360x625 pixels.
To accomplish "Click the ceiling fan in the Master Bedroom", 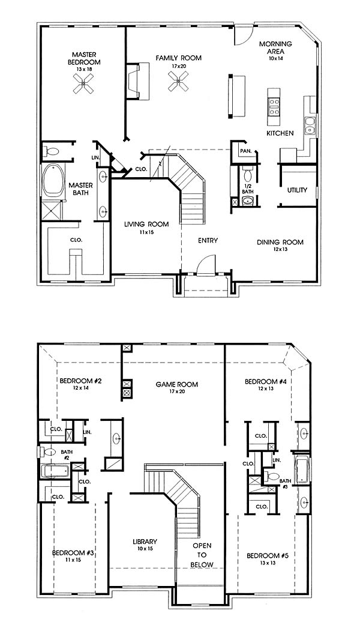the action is point(83,83).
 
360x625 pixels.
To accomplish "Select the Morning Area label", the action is point(275,47).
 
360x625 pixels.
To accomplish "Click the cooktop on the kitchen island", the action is point(274,104).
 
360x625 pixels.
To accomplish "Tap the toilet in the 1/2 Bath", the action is point(247,174).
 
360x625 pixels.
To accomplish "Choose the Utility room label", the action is point(297,190).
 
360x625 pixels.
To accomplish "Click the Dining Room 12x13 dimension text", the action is point(280,249).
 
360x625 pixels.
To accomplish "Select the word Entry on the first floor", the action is point(208,240).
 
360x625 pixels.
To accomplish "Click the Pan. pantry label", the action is point(244,151).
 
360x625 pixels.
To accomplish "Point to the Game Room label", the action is point(177,385).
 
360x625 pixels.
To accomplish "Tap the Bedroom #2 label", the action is point(80,381).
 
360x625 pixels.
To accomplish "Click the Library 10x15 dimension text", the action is point(145,549).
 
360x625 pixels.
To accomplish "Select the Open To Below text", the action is point(202,555).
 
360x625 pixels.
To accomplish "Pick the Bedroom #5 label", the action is point(266,555).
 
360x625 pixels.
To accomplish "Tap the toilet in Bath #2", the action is point(50,452).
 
